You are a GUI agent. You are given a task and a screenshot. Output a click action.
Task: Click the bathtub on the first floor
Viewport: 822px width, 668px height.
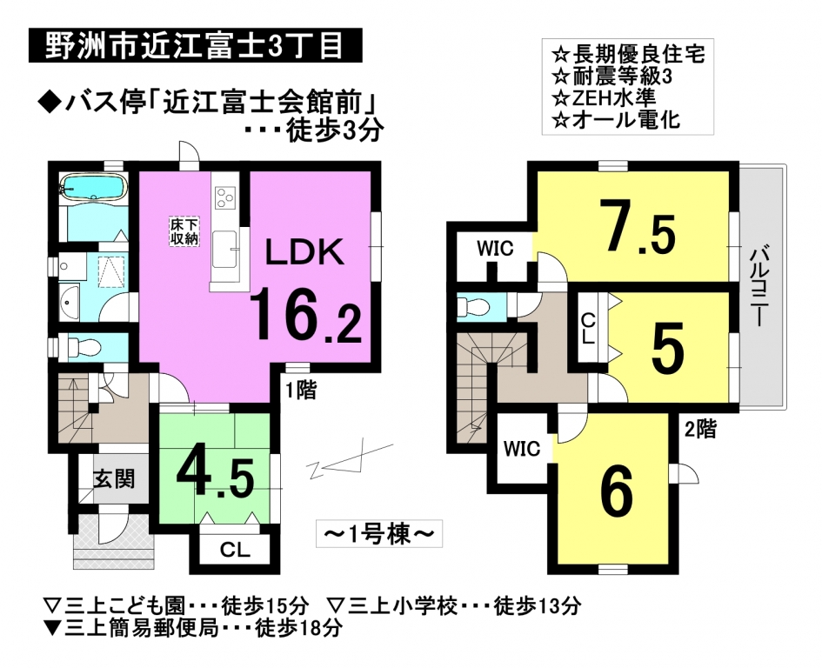pyautogui.click(x=93, y=188)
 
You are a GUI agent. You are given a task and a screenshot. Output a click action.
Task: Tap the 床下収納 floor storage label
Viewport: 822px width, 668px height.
pyautogui.click(x=184, y=231)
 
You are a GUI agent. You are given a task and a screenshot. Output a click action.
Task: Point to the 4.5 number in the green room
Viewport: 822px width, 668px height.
pyautogui.click(x=216, y=478)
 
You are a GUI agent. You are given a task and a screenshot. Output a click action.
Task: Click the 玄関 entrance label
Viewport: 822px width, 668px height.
pyautogui.click(x=114, y=478)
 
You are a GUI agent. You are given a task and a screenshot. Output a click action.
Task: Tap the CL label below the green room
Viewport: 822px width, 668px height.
pyautogui.click(x=236, y=550)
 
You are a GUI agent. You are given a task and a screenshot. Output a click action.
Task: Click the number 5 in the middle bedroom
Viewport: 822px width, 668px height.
pyautogui.click(x=667, y=347)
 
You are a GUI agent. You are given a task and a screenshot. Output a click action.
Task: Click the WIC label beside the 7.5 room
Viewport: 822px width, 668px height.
pyautogui.click(x=495, y=249)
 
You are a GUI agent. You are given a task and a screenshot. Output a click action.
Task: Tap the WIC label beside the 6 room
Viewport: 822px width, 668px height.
pyautogui.click(x=522, y=449)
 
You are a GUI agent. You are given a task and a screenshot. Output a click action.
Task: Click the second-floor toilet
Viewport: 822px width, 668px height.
pyautogui.click(x=474, y=306)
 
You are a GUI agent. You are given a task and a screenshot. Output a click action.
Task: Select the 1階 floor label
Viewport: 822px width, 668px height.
pyautogui.click(x=300, y=391)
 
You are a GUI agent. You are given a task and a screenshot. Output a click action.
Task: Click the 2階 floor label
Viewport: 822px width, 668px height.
pyautogui.click(x=700, y=430)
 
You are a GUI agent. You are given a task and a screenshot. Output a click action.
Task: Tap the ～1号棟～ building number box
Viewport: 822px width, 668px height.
pyautogui.click(x=379, y=534)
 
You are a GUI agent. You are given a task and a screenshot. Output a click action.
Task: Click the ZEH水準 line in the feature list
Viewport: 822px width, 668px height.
pyautogui.click(x=605, y=98)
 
